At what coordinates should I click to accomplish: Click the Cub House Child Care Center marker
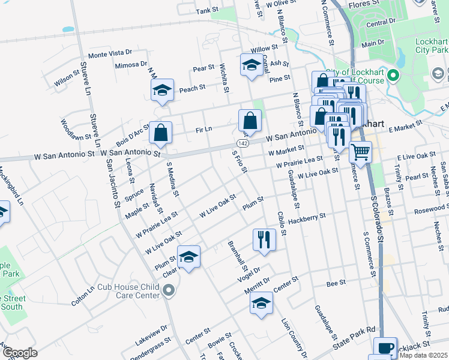pyautogui.click(x=169, y=291)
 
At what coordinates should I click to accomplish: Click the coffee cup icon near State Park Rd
pyautogui.click(x=385, y=347)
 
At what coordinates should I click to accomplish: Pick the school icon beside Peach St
pyautogui.click(x=162, y=90)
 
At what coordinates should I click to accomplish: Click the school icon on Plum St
pyautogui.click(x=188, y=257)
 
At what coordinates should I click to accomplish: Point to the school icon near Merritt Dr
pyautogui.click(x=262, y=304)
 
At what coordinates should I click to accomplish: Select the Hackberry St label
pyautogui.click(x=306, y=218)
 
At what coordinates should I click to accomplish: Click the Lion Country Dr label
pyautogui.click(x=294, y=339)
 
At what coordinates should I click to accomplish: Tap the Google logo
pyautogui.click(x=20, y=353)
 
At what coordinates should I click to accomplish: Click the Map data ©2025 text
pyautogui.click(x=423, y=356)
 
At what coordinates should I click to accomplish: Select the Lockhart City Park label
pyautogui.click(x=432, y=46)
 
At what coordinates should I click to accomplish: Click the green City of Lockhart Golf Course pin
pyautogui.click(x=393, y=76)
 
